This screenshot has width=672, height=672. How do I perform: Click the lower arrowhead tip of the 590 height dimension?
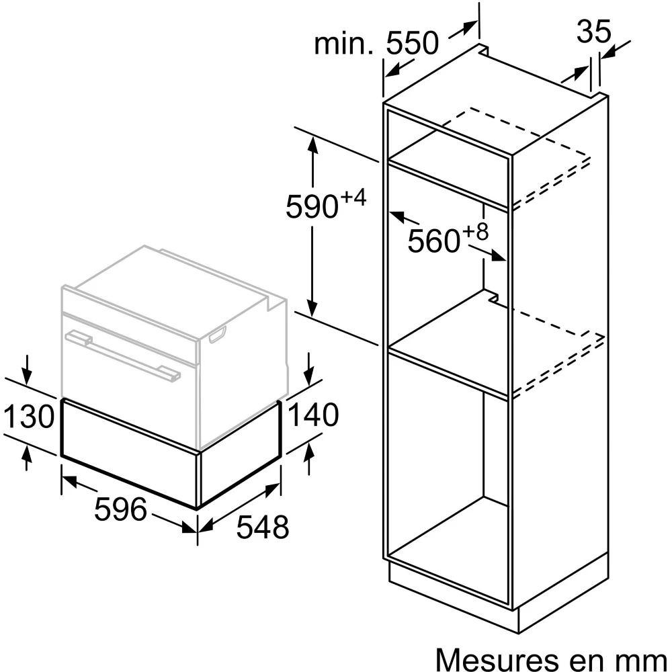click(x=313, y=317)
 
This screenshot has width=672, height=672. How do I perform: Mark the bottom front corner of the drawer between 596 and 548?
click(x=198, y=509)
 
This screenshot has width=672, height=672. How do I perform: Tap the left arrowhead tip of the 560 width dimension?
click(x=389, y=212)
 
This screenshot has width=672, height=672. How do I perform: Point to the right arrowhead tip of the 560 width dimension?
click(x=506, y=259)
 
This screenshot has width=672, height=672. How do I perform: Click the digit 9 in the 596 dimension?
click(x=120, y=509)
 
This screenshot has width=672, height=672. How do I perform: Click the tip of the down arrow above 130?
click(x=27, y=384)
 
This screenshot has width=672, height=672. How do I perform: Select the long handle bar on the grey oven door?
click(x=123, y=354)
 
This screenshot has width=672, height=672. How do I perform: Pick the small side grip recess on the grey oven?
click(x=217, y=334)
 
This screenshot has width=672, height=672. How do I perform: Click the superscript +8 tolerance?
click(x=475, y=231)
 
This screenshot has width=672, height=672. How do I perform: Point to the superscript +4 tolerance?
click(x=353, y=198)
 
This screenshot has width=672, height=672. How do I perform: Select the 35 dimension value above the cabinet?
click(x=593, y=31)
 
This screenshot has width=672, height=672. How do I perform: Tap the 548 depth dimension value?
click(x=263, y=527)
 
